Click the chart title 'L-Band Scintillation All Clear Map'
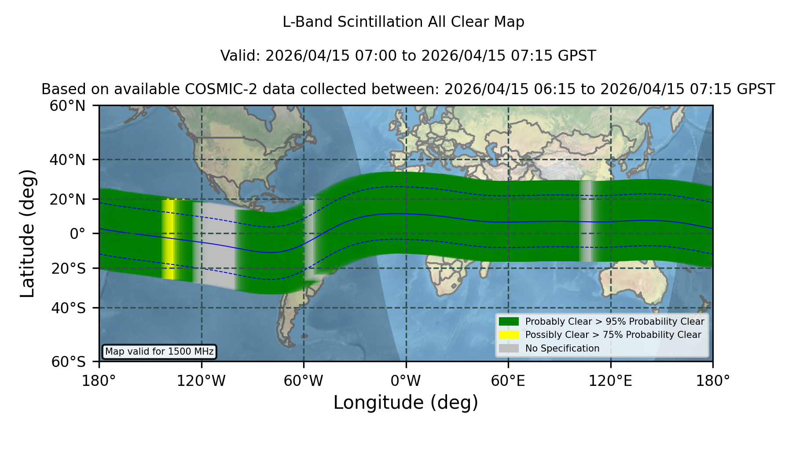[403, 22]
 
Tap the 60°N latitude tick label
[68, 106]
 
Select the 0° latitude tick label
[77, 234]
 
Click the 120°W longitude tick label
[201, 381]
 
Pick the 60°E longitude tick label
[508, 381]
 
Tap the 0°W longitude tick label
[406, 381]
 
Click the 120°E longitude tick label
[610, 381]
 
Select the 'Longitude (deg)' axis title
[406, 403]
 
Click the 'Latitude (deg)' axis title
[27, 233]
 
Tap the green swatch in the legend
[509, 322]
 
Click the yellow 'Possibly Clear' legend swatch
[509, 335]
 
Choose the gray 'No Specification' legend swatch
[509, 348]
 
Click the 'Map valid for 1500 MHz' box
[159, 352]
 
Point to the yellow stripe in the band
[169, 239]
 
